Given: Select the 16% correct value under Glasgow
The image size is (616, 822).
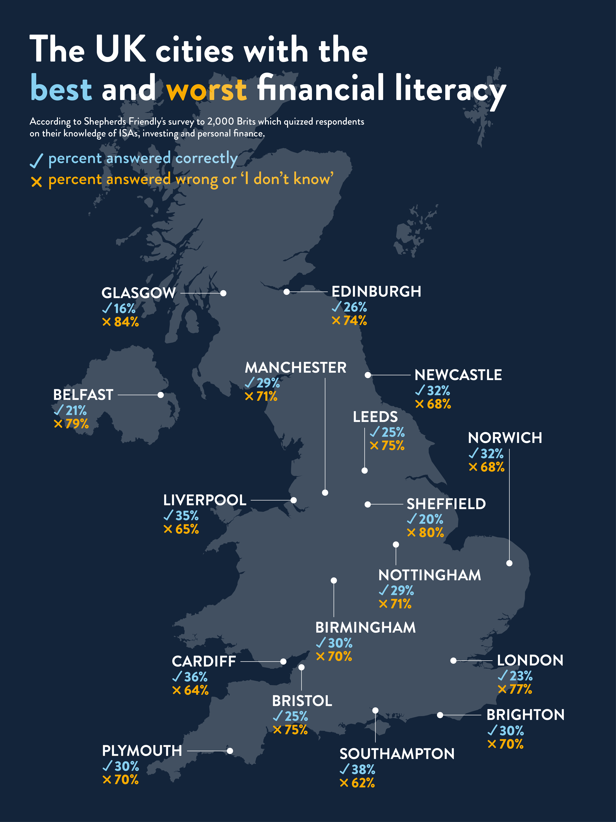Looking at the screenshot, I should (x=124, y=308).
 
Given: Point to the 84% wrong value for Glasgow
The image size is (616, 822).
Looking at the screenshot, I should (x=126, y=322).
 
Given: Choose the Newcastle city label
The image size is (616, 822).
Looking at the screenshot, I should (x=458, y=375).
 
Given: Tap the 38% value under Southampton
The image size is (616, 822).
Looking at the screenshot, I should (x=363, y=769).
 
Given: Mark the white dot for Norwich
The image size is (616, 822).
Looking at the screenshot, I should (x=509, y=563).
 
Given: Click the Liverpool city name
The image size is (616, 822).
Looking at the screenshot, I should (x=205, y=500).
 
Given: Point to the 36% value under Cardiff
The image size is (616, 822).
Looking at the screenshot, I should (x=196, y=677).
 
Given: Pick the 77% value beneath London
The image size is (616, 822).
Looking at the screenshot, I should (x=521, y=689).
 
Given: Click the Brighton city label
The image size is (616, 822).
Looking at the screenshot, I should (x=525, y=715).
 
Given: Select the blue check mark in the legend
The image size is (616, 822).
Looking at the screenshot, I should (x=36, y=161).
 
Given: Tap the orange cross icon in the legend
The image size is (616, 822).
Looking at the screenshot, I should (x=36, y=182).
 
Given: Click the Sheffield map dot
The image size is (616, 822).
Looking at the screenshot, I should (x=368, y=504).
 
